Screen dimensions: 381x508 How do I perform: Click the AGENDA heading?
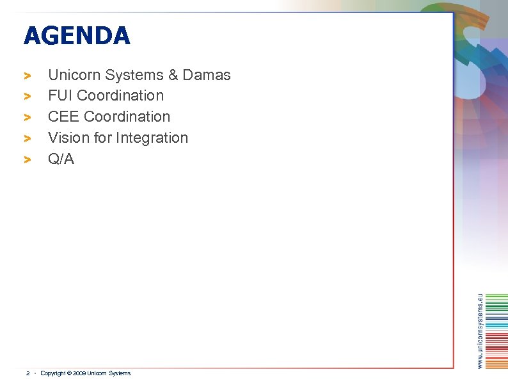[77, 36]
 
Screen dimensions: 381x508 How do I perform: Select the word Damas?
[207, 75]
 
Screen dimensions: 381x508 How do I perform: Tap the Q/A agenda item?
[61, 159]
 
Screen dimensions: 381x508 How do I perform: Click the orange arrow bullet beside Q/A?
[28, 159]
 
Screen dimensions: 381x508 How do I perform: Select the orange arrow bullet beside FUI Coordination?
[28, 97]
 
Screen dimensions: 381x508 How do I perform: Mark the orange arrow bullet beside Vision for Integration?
[28, 138]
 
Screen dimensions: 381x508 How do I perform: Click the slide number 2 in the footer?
[28, 373]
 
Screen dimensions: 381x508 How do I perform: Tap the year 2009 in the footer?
[79, 373]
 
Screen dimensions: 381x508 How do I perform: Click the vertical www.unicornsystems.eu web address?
[480, 330]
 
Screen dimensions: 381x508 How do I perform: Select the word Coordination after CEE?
[127, 117]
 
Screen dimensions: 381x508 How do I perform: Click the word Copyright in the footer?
[52, 373]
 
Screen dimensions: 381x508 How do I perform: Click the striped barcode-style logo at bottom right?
[496, 330]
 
